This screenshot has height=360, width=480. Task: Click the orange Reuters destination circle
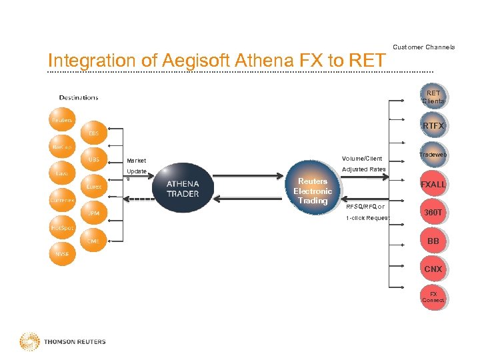(62, 121)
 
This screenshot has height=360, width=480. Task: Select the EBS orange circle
(94, 133)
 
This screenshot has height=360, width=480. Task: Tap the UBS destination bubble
(94, 159)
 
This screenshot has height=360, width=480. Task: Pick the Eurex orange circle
(94, 187)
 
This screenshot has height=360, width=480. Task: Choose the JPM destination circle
(94, 213)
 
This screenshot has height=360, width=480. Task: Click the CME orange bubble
(94, 241)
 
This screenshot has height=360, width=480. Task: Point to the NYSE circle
(62, 253)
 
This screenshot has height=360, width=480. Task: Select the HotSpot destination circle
(62, 227)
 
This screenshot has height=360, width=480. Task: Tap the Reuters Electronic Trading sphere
(313, 191)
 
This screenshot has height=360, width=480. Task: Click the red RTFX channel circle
(433, 126)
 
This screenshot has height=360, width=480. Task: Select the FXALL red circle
(433, 184)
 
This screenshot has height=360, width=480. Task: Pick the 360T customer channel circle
(433, 213)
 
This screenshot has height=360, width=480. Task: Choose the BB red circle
(433, 241)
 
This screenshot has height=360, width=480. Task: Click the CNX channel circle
(433, 269)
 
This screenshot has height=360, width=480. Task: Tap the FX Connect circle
(433, 297)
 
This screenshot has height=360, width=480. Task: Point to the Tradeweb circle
(433, 155)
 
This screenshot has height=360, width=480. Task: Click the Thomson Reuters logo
(63, 341)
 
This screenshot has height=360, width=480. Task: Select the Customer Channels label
(424, 47)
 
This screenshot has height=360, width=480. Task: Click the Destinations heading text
(79, 97)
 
